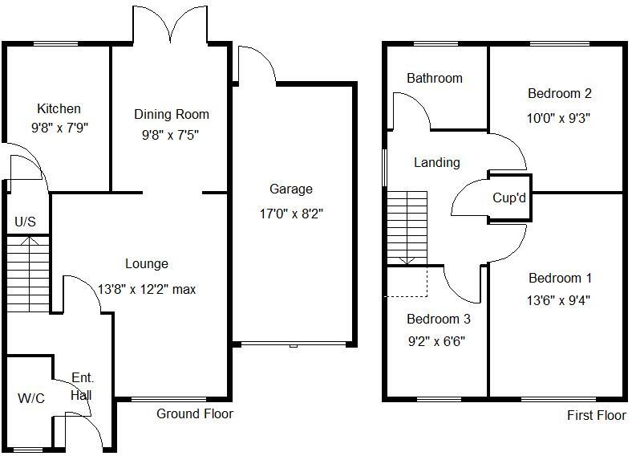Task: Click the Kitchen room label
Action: coord(59,108)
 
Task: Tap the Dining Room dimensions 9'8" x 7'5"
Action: coord(165,135)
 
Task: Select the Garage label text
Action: coord(290,189)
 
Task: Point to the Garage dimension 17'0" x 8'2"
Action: coord(290,214)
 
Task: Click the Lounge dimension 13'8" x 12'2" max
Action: coord(147,289)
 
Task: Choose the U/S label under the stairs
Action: coord(25,222)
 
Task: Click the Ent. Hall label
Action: coord(81,386)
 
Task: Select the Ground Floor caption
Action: coord(194,414)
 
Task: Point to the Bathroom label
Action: coord(435,78)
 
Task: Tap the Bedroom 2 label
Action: coord(559,94)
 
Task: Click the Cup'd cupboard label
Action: coord(509,197)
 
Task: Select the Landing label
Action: coord(436,162)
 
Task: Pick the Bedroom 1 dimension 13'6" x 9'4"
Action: coord(560,301)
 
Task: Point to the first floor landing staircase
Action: coord(407,228)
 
